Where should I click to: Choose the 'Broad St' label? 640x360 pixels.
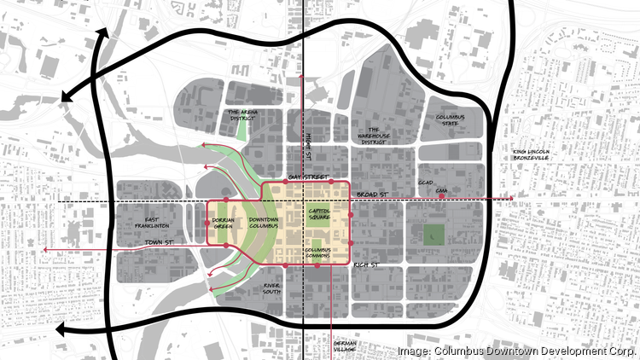coord(372,195)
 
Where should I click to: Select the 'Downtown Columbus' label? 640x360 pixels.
coord(264,224)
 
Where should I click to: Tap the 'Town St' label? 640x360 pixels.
coord(160,244)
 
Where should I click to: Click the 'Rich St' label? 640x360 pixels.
coord(366,266)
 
